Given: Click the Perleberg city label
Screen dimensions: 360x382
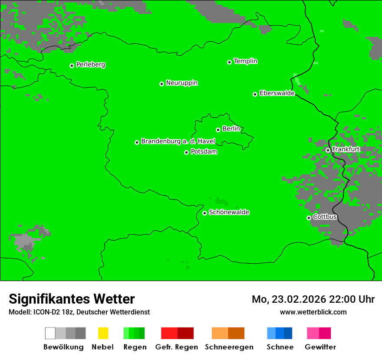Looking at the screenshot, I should coord(90,65).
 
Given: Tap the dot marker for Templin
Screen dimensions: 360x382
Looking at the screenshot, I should coord(229,62).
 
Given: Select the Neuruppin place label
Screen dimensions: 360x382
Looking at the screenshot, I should coord(181,83).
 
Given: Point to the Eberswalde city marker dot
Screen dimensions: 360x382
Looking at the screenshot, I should coord(255,94).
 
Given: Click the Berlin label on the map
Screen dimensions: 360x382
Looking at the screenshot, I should coord(231,129).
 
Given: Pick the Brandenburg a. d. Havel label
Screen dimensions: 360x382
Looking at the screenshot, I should coord(178,141).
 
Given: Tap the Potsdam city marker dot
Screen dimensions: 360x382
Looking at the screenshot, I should coord(186,152).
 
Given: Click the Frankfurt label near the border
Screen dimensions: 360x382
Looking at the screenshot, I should coord(346,149).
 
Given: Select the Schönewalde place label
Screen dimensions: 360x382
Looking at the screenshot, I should coord(229,212).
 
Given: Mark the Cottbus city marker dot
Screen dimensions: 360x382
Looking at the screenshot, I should coord(309,218).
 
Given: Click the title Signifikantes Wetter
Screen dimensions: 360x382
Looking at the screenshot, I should coord(72,299).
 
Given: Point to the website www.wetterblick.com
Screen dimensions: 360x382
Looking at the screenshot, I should coord(313,312).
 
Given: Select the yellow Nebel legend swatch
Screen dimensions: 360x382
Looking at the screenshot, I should coord(103,333).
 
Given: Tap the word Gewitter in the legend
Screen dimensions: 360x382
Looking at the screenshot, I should coord(320,347).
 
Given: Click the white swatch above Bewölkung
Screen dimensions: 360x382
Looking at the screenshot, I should coord(50,333).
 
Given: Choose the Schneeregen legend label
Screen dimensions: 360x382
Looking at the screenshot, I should coord(229,347).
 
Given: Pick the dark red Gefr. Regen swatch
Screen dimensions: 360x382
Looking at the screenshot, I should coord(185,333).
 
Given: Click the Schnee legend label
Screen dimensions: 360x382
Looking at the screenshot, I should coord(280,347).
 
